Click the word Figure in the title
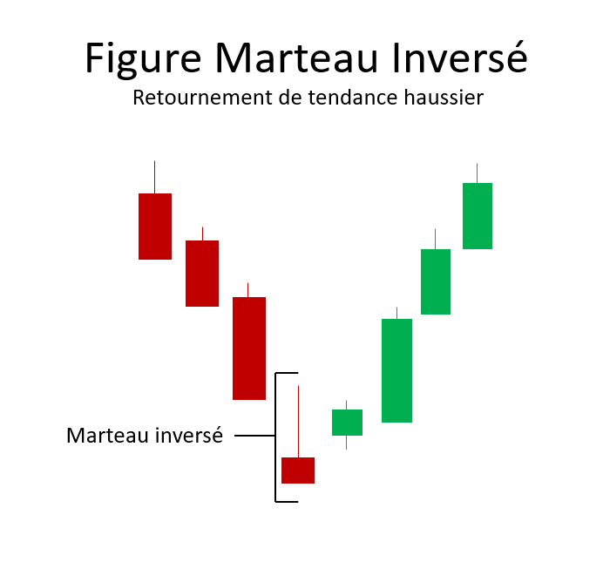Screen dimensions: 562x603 coord(145,58)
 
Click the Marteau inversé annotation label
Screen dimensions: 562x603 coord(145,435)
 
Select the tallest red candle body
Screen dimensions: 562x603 coord(248,349)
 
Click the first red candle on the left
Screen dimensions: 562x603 coord(155,226)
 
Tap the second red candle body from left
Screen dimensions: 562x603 coord(202,273)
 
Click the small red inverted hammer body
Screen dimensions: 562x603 coord(298,470)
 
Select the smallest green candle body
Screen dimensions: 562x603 coord(347,423)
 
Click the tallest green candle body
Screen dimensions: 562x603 coord(396,370)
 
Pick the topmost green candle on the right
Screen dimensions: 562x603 coord(478,215)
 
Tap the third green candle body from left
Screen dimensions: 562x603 coord(436,281)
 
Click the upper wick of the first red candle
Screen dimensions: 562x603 coord(155,177)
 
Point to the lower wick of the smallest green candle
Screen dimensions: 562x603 coord(347,443)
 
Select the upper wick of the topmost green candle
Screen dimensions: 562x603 coord(478,173)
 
